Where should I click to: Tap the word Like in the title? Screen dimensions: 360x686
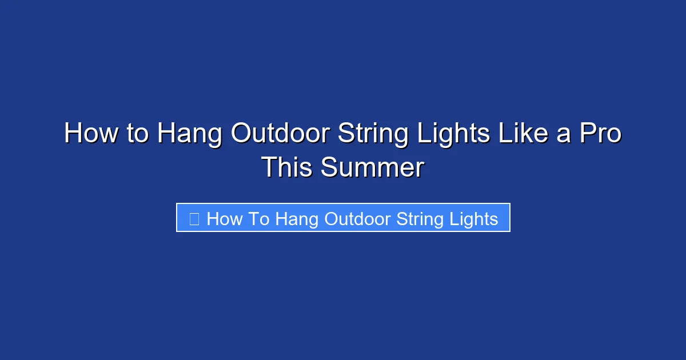pyautogui.click(x=523, y=134)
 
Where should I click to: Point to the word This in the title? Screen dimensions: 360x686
pyautogui.click(x=288, y=168)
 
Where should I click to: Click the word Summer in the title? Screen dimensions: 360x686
pyautogui.click(x=372, y=168)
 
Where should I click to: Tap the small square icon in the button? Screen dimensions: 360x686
pyautogui.click(x=194, y=219)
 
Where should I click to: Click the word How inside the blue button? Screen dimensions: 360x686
pyautogui.click(x=225, y=219)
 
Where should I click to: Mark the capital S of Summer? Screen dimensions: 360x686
pyautogui.click(x=328, y=168)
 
